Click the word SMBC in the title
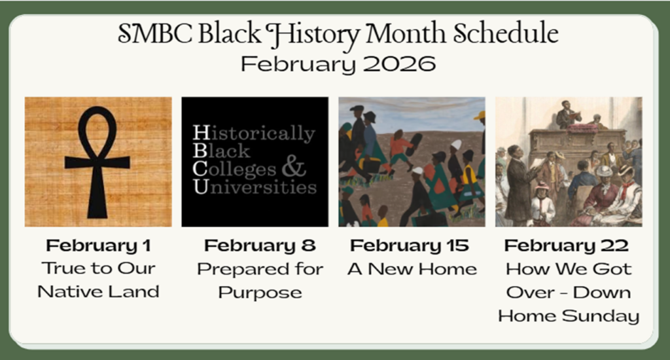click(x=154, y=34)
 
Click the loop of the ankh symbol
click(x=97, y=130)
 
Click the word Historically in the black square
click(x=254, y=134)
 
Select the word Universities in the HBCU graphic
click(x=255, y=187)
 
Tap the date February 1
click(x=98, y=245)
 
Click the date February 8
click(x=260, y=245)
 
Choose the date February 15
click(x=410, y=245)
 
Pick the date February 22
click(x=566, y=245)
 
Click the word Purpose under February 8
click(x=260, y=293)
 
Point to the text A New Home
click(x=412, y=269)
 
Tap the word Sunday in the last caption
click(x=601, y=316)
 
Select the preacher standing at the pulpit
click(x=567, y=115)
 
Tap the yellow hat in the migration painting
click(x=480, y=115)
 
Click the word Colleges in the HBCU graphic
click(x=234, y=170)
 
